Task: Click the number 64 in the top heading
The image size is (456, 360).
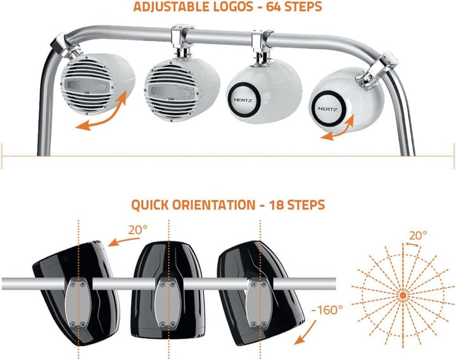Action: click(x=274, y=7)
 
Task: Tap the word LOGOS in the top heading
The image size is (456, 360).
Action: click(x=234, y=7)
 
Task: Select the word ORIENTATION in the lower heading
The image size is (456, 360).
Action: click(x=214, y=205)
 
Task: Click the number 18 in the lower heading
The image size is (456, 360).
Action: click(x=277, y=205)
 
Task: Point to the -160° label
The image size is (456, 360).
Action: click(x=326, y=310)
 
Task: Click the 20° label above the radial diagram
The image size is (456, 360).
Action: click(x=418, y=235)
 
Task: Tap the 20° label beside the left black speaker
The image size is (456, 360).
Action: click(x=138, y=230)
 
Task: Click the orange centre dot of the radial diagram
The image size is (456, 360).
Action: click(x=403, y=295)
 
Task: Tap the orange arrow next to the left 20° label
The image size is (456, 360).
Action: click(x=123, y=242)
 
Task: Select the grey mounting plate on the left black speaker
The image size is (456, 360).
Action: click(x=78, y=302)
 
